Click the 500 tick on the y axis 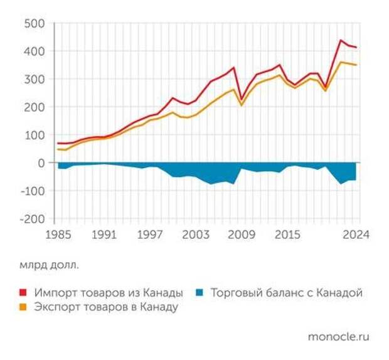34,24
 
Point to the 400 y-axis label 34,51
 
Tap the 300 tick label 34,80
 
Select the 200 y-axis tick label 34,107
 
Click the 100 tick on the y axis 34,135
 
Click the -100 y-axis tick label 31,191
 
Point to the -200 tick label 31,219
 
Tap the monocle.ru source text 339,337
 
